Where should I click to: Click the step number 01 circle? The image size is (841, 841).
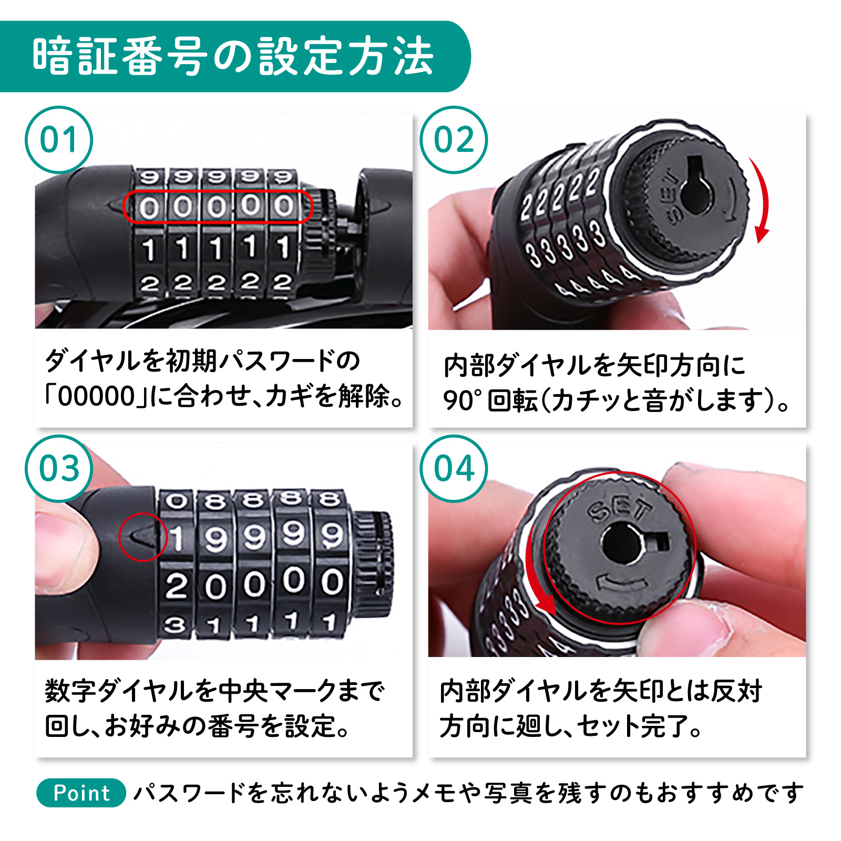[59, 140]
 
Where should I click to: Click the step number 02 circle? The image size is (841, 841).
[454, 140]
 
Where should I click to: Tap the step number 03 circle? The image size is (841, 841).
[59, 468]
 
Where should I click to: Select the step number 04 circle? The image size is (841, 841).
[454, 468]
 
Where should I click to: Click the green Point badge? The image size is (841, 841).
[81, 793]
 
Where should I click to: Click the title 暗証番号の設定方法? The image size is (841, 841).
[233, 57]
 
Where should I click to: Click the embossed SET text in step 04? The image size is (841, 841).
[621, 508]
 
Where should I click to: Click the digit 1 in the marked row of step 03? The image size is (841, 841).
[177, 539]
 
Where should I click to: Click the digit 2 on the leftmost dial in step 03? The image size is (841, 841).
[176, 586]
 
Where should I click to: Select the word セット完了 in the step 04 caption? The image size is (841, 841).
[633, 727]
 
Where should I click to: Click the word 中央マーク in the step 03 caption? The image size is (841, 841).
[276, 691]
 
